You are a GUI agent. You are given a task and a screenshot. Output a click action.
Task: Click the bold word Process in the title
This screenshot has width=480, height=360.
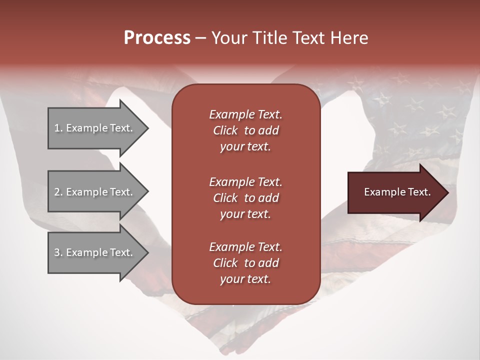point(157,38)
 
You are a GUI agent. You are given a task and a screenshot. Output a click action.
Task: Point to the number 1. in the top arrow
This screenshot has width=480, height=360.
point(58,128)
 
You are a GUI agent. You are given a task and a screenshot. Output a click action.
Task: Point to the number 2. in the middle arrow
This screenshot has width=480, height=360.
point(58,192)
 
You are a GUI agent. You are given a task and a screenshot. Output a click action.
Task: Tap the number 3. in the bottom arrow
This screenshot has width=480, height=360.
point(58,252)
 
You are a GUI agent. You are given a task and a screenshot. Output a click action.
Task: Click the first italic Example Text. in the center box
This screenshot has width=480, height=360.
point(245,114)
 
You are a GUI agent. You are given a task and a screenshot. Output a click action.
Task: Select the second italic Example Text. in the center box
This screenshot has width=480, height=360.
point(245,181)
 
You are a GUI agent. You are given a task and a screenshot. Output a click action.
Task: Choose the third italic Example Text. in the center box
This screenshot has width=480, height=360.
point(245,247)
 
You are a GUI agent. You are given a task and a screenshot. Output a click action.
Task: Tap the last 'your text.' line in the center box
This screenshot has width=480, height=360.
point(245,279)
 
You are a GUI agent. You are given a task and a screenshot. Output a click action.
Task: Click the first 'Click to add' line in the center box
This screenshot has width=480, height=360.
point(245,130)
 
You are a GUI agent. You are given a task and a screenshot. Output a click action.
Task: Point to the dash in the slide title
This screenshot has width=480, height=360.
point(200,38)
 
